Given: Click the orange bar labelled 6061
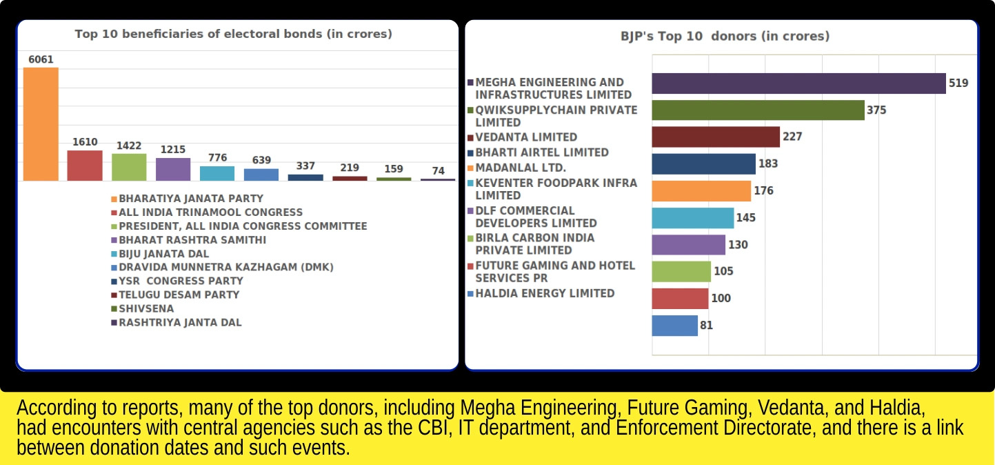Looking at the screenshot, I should (41, 124).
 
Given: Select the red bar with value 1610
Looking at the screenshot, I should (85, 166).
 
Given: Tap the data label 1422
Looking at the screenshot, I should (129, 146).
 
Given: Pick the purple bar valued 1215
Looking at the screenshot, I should (173, 169).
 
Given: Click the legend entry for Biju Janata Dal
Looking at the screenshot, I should (163, 253).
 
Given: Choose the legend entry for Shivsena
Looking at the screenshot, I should (146, 308).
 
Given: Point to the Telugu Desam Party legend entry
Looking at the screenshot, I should (179, 295).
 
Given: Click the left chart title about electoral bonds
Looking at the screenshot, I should (233, 34).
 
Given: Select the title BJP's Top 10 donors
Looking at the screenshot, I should (725, 36).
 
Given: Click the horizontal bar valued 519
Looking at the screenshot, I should (798, 83).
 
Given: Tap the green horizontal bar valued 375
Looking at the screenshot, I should (758, 110).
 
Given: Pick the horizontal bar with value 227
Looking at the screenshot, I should (716, 137).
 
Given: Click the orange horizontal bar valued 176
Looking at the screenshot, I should (701, 191).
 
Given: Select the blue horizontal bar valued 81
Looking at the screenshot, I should (674, 326).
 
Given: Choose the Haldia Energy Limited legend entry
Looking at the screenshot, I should (545, 293).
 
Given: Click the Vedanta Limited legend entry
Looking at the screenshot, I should (526, 137).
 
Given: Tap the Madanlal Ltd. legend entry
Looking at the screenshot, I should (521, 168).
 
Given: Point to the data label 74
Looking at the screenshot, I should (438, 171).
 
